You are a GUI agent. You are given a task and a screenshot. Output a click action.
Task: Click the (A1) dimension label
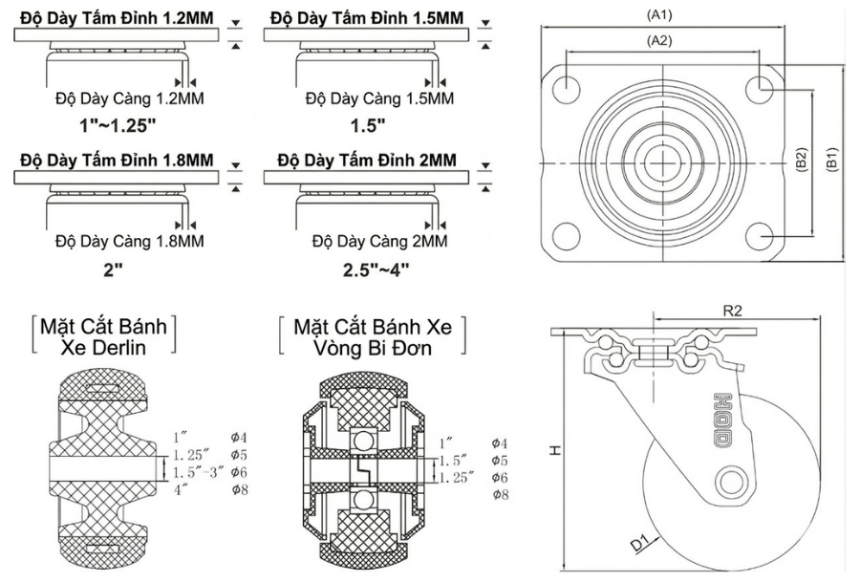click(x=661, y=14)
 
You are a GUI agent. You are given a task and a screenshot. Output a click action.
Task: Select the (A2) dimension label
click(x=661, y=40)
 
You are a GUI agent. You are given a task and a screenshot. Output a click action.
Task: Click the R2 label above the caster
click(x=734, y=310)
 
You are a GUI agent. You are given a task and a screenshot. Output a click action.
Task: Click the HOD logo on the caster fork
click(x=720, y=420)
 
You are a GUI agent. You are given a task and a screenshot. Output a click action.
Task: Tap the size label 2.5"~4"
click(x=376, y=269)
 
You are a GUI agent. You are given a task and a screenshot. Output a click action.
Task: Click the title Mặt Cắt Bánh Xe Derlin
click(x=103, y=336)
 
